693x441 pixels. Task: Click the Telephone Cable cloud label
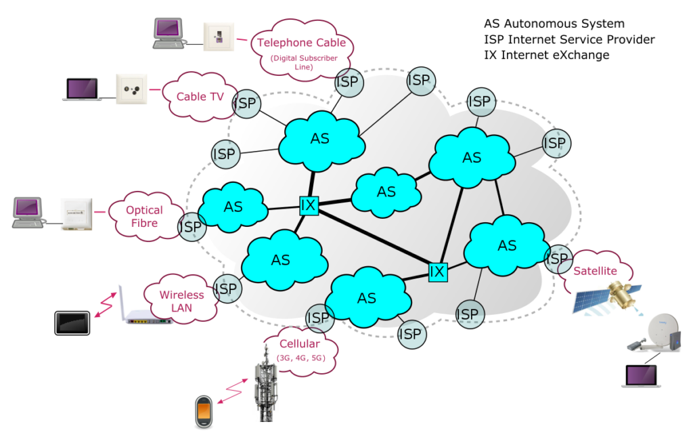pyautogui.click(x=302, y=50)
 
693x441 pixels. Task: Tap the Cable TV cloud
pyautogui.click(x=200, y=97)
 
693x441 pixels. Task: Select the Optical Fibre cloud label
pyautogui.click(x=145, y=216)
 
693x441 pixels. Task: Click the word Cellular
pyautogui.click(x=300, y=343)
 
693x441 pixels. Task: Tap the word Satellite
pyautogui.click(x=595, y=271)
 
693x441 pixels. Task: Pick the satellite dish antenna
pyautogui.click(x=655, y=333)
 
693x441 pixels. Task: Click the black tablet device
pyautogui.click(x=72, y=323)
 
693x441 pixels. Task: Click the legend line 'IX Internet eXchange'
pyautogui.click(x=546, y=55)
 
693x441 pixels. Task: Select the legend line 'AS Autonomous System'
pyautogui.click(x=554, y=24)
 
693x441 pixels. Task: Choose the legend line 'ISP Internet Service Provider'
pyautogui.click(x=569, y=39)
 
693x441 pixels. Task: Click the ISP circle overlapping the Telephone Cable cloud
pyautogui.click(x=349, y=82)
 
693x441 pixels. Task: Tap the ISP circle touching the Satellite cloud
pyautogui.click(x=558, y=259)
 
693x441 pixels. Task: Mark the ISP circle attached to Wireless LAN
pyautogui.click(x=227, y=289)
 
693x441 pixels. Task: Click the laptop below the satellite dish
pyautogui.click(x=642, y=376)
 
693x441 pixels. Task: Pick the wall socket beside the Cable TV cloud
pyautogui.click(x=131, y=89)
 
